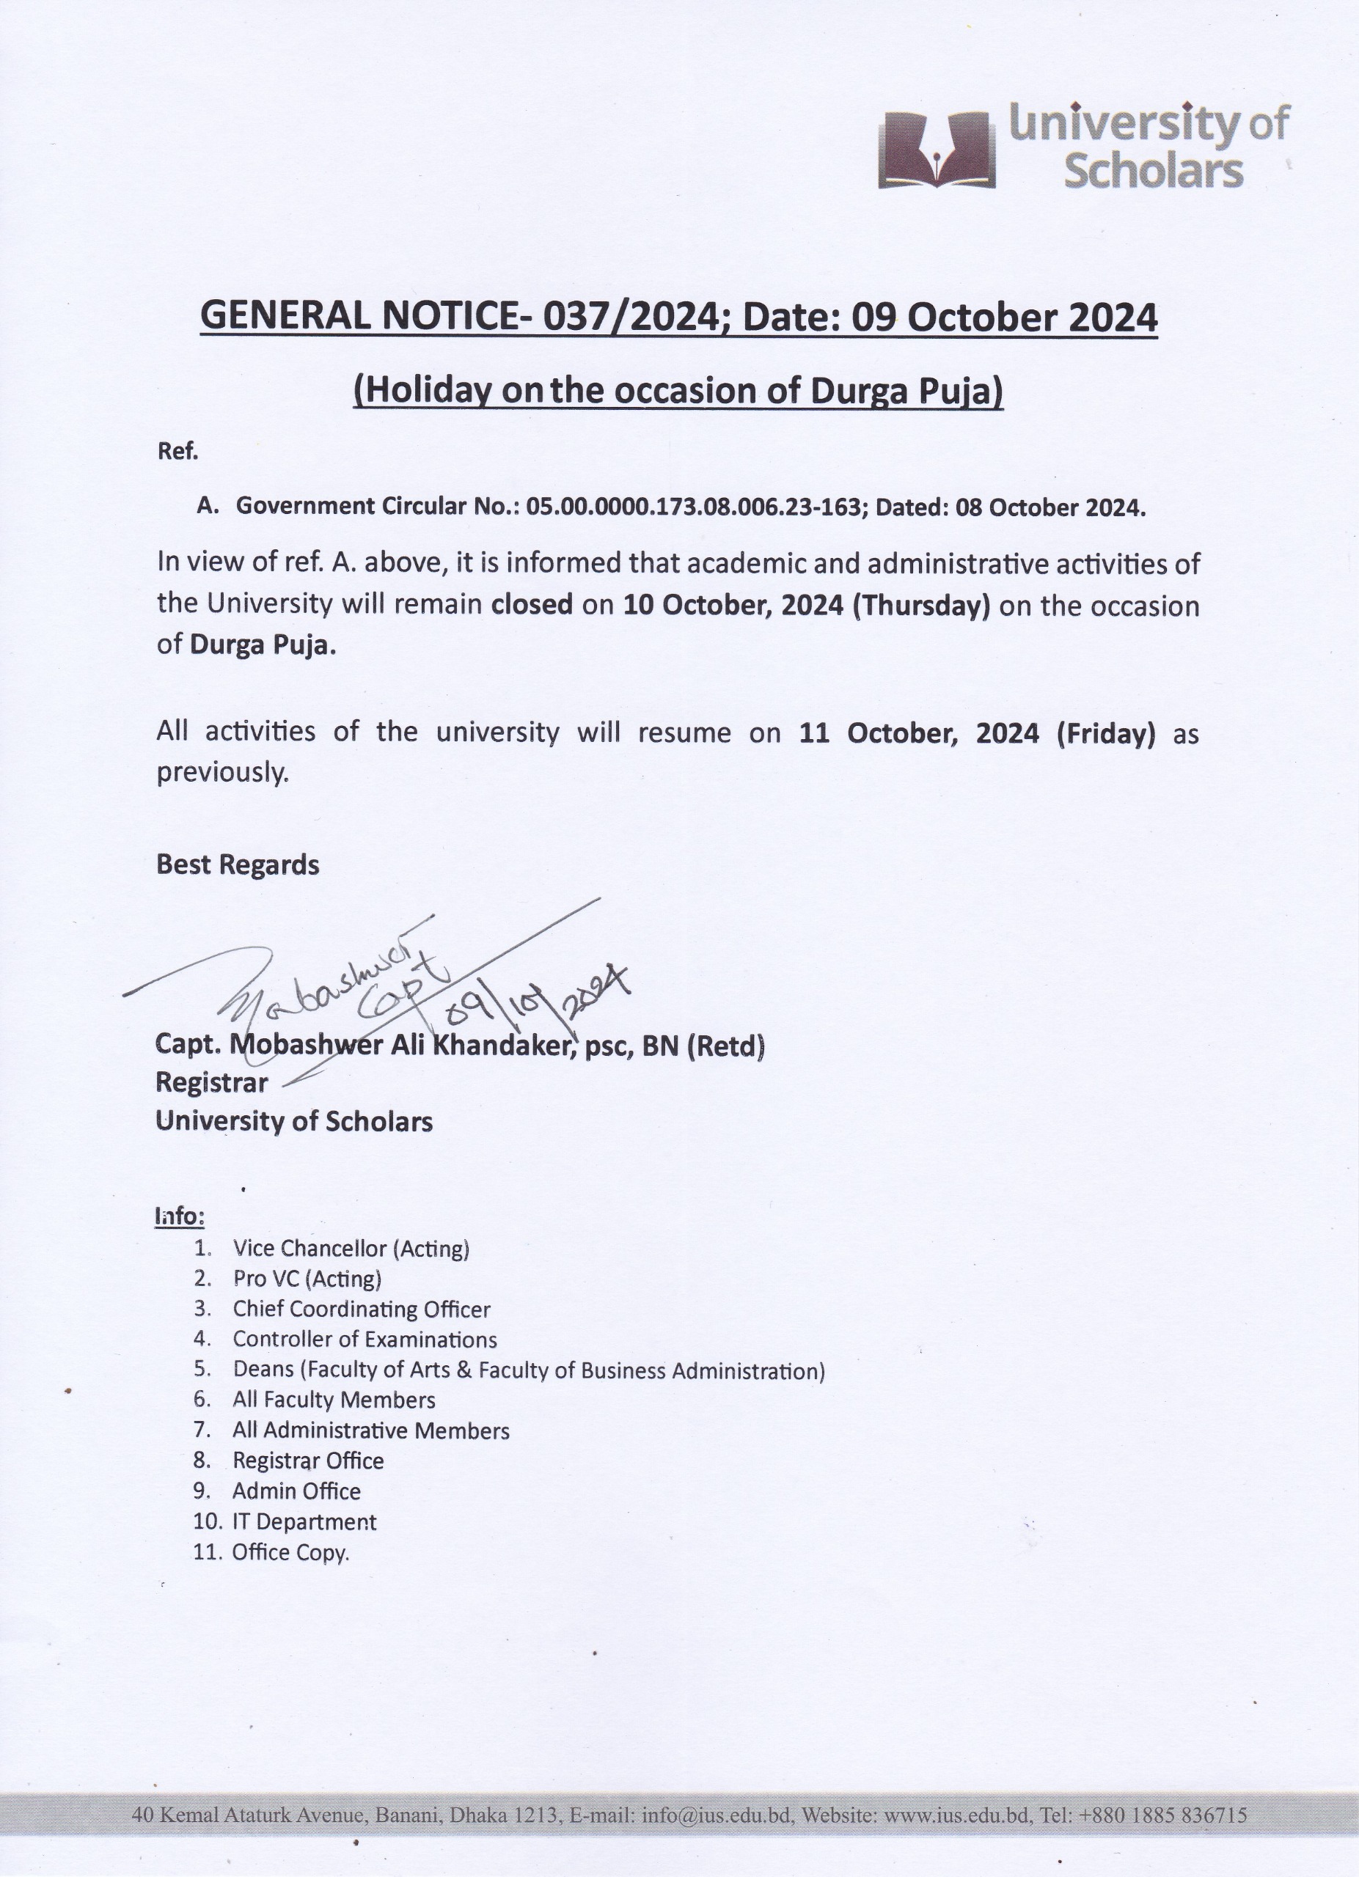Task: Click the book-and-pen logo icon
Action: click(x=936, y=150)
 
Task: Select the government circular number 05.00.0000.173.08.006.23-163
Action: click(x=694, y=507)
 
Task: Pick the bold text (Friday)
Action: click(x=1105, y=733)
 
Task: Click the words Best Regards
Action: click(x=238, y=865)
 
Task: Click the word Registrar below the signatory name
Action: click(x=212, y=1082)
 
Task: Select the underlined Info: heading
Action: click(x=180, y=1216)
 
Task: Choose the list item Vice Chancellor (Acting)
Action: click(x=351, y=1248)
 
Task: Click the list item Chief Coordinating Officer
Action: click(x=362, y=1310)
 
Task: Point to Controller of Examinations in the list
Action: click(x=365, y=1339)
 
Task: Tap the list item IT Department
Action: click(x=304, y=1521)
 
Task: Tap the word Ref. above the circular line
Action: click(x=178, y=452)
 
